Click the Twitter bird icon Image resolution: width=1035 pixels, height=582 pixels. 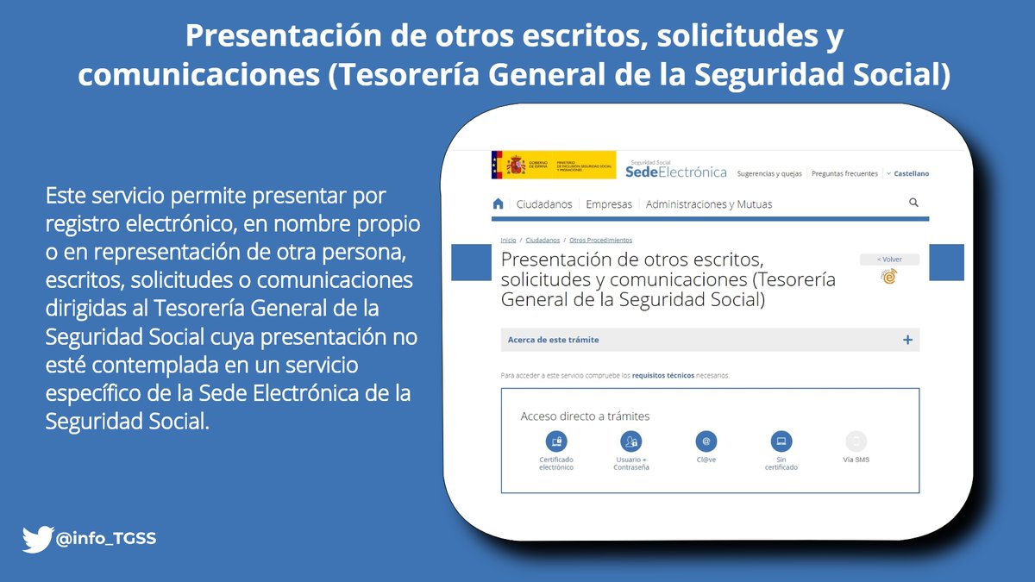(38, 541)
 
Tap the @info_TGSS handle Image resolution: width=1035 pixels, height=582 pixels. (106, 541)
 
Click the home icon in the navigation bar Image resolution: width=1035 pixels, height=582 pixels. (498, 204)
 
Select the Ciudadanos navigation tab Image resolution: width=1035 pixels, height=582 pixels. (543, 204)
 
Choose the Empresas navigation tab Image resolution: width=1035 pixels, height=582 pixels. (609, 204)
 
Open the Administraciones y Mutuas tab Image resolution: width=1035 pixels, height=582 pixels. (708, 204)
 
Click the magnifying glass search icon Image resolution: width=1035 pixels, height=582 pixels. (913, 203)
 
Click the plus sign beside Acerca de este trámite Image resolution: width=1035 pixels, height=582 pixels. (907, 340)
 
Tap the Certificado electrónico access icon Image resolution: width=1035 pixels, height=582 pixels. (556, 441)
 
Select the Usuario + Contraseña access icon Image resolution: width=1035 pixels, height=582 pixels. (631, 441)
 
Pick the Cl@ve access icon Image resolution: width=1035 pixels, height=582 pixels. (706, 441)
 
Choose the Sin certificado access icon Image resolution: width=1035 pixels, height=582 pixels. (781, 441)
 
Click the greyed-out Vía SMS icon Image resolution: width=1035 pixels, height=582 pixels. (856, 441)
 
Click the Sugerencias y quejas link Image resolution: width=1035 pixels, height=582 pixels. (768, 173)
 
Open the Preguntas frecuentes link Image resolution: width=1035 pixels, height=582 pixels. (844, 173)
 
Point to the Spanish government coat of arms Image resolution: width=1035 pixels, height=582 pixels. (516, 164)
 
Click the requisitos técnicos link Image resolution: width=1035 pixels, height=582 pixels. (662, 376)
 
